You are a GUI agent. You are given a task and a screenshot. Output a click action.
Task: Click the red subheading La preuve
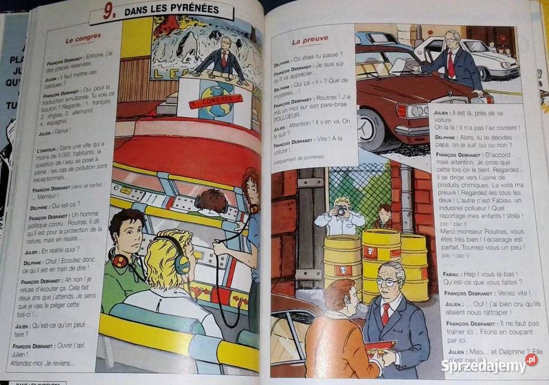[310, 40]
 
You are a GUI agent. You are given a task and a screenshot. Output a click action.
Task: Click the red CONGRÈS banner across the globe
[216, 102]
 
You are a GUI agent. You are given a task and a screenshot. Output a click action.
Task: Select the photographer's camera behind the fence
[341, 212]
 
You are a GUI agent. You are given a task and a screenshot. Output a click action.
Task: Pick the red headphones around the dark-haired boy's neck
[120, 261]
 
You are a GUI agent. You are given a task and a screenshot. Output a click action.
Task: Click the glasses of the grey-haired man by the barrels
[387, 282]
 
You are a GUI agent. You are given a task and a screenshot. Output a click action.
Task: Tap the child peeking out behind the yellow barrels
[384, 216]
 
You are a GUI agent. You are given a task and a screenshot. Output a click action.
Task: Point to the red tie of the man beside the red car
[451, 65]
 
